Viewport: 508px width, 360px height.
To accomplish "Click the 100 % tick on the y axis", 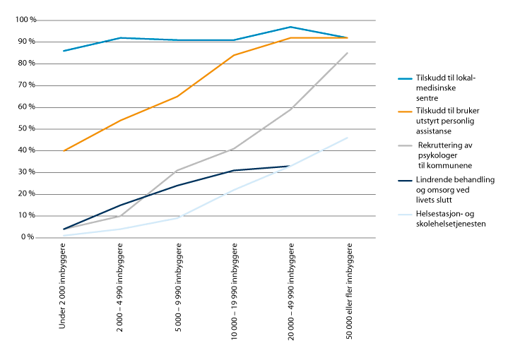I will pos(24,20).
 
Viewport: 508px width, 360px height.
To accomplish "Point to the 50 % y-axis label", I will pos(26,128).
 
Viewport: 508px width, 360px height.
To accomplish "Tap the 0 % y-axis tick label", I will pos(28,237).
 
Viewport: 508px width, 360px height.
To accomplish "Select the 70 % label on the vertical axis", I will pos(26,85).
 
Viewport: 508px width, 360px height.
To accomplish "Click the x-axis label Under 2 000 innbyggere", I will pos(64,289).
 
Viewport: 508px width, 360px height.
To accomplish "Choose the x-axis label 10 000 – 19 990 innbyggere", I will pos(234,292).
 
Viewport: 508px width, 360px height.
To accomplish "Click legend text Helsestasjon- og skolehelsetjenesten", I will pos(451,218).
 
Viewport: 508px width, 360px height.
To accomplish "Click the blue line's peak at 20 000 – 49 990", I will pos(290,27).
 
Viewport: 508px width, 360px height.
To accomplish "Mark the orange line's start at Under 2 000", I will pos(64,150).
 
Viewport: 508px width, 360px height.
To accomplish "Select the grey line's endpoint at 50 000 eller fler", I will pos(348,53).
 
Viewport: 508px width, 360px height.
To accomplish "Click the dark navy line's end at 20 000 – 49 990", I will pos(290,166).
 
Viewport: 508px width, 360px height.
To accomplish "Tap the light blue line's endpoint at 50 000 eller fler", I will pos(348,138).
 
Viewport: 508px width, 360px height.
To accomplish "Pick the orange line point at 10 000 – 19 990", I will pos(234,55).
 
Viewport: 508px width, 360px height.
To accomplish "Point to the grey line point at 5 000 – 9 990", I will pos(177,170).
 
